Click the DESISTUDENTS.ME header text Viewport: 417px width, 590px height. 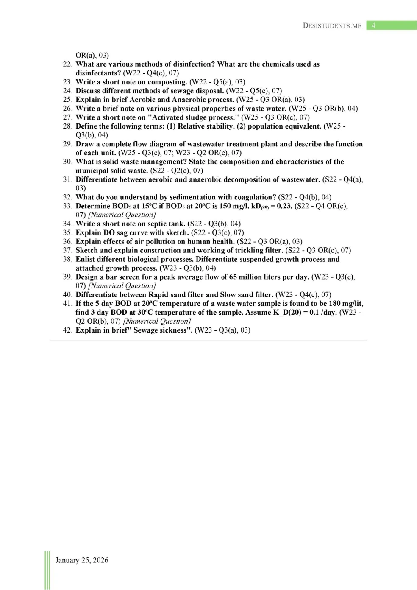click(332, 25)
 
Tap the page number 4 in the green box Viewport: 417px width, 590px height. click(373, 25)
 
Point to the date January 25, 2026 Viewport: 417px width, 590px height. click(82, 560)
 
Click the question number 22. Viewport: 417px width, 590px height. click(67, 64)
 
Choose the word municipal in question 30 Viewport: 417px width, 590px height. click(91, 171)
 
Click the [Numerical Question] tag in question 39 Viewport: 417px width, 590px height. click(122, 286)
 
